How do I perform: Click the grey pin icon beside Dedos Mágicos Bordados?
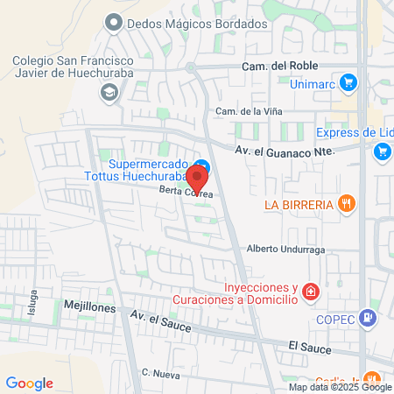[x=111, y=22]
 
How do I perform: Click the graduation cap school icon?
[x=110, y=91]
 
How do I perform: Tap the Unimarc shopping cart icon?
[x=348, y=83]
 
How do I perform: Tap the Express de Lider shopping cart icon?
[x=381, y=152]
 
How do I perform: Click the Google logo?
[x=30, y=383]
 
